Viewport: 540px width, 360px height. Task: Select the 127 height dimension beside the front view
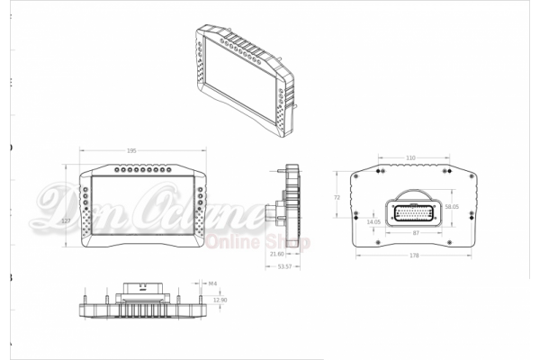click(67, 219)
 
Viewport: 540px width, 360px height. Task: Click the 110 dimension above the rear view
click(410, 157)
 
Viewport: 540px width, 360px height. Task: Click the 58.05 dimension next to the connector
click(452, 207)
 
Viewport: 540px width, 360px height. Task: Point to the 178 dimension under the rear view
click(413, 256)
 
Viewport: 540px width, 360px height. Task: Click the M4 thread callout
click(213, 283)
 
